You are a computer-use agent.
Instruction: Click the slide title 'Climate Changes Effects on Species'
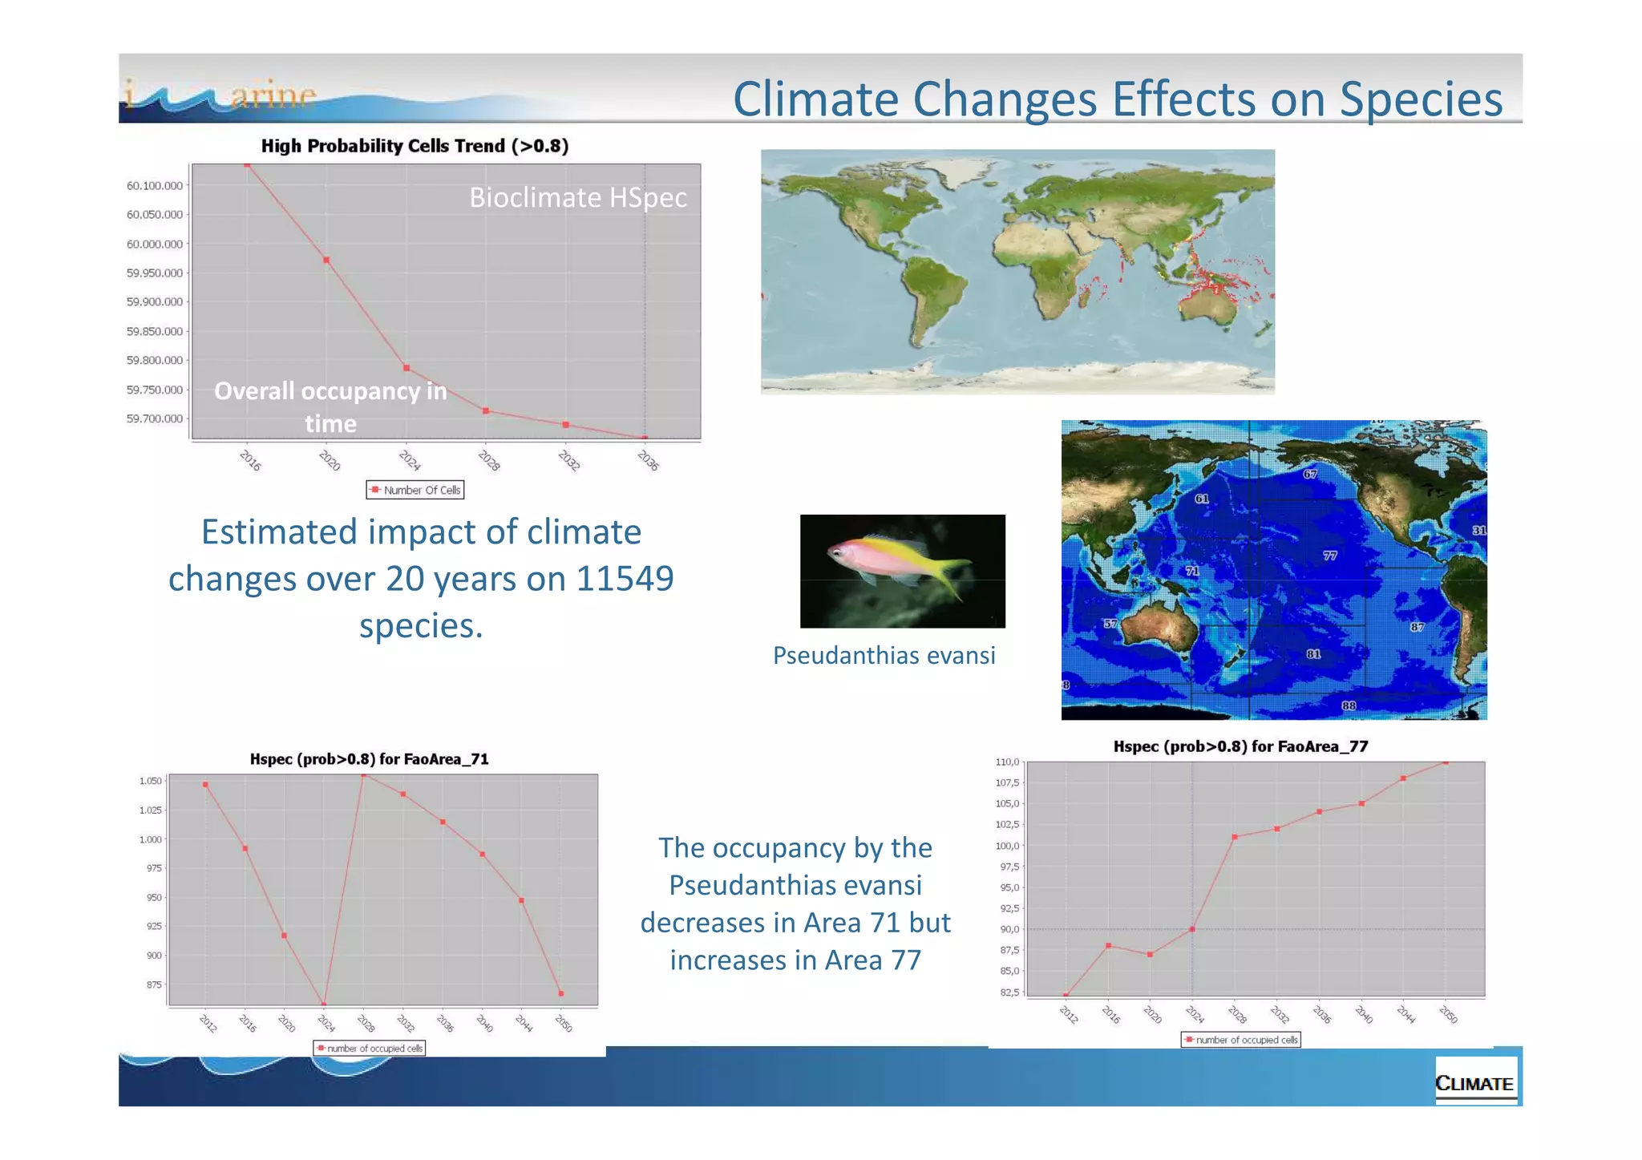1117,99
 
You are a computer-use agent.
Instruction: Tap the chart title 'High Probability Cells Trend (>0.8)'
415,146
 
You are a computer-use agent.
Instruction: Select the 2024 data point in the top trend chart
407,368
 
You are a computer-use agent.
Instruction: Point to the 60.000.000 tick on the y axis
155,244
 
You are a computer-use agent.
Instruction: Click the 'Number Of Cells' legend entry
415,490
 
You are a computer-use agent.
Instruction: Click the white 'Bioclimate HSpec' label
577,197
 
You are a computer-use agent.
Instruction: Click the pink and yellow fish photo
902,571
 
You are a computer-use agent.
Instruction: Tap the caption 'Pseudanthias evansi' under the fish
884,655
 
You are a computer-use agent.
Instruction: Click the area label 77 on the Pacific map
1330,556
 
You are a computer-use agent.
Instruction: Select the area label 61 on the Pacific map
1202,499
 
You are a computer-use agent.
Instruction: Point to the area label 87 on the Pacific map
1418,627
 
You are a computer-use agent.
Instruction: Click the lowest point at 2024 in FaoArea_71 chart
324,1004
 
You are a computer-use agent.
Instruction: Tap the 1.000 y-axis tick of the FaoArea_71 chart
150,839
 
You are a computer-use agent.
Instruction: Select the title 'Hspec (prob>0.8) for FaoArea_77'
1240,746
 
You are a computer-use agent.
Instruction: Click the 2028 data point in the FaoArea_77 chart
1235,837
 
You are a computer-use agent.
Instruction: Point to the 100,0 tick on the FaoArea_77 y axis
1008,846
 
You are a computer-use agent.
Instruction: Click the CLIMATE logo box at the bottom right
1474,1083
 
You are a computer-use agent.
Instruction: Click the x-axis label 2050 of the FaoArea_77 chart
1448,1015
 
